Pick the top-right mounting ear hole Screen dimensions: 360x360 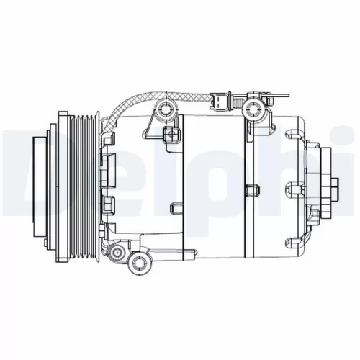pos(252,109)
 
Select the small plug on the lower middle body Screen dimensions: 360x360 pos(176,210)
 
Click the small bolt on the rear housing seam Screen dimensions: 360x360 pos(251,191)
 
